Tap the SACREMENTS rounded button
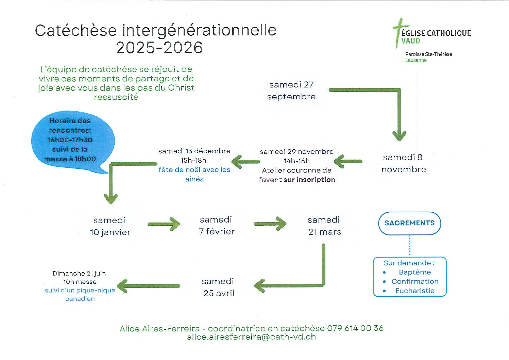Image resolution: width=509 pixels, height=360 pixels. (409, 223)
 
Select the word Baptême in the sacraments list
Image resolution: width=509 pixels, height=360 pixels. (415, 272)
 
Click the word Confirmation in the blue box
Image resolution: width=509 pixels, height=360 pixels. (415, 281)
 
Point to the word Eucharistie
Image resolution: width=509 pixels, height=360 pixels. (415, 291)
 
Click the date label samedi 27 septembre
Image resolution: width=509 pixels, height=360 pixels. (291, 91)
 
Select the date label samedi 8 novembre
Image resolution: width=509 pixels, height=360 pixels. (404, 163)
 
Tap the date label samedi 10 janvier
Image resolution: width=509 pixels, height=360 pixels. (110, 226)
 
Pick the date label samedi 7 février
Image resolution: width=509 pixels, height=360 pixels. (217, 226)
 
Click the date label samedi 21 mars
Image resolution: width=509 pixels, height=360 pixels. (324, 226)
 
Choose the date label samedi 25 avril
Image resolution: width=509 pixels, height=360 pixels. (218, 287)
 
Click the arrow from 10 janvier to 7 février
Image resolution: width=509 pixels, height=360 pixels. (164, 224)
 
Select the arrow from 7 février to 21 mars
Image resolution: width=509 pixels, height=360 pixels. (270, 224)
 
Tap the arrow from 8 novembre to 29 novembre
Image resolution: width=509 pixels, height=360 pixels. (348, 162)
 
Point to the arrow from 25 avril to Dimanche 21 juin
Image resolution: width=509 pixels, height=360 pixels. (148, 286)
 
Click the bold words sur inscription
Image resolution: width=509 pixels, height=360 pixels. (309, 180)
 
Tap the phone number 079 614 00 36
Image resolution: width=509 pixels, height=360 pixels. (355, 328)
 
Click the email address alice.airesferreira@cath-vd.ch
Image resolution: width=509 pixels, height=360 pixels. (252, 337)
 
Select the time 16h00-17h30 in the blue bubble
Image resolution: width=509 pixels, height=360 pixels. (70, 140)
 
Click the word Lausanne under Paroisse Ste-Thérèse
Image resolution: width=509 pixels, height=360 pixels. (416, 60)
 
